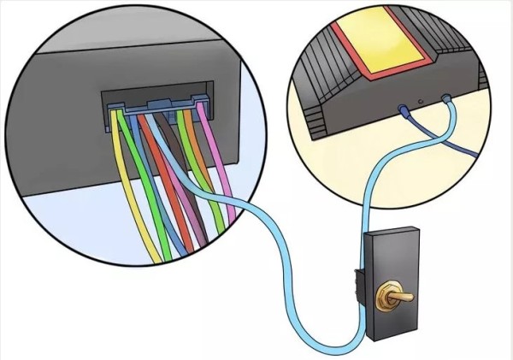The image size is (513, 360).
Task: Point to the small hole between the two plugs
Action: (x=424, y=103)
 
